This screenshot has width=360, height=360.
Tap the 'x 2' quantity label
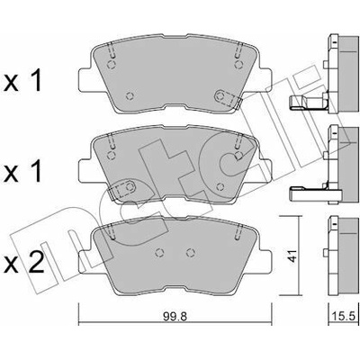23,263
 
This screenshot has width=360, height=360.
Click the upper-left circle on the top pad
112,65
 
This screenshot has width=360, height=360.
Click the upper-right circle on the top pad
238,65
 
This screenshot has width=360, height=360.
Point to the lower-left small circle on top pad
130,95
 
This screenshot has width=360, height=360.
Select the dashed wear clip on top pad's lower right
228,97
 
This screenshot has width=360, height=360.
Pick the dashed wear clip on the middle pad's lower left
122,189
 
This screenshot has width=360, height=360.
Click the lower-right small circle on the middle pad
220,186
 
